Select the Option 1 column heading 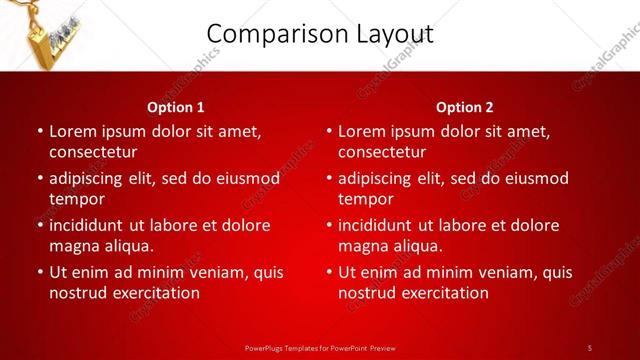[x=176, y=107]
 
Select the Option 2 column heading [x=465, y=107]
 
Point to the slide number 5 [x=590, y=347]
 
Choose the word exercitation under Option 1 [x=156, y=293]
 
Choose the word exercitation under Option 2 [x=445, y=293]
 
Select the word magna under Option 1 [x=73, y=246]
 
